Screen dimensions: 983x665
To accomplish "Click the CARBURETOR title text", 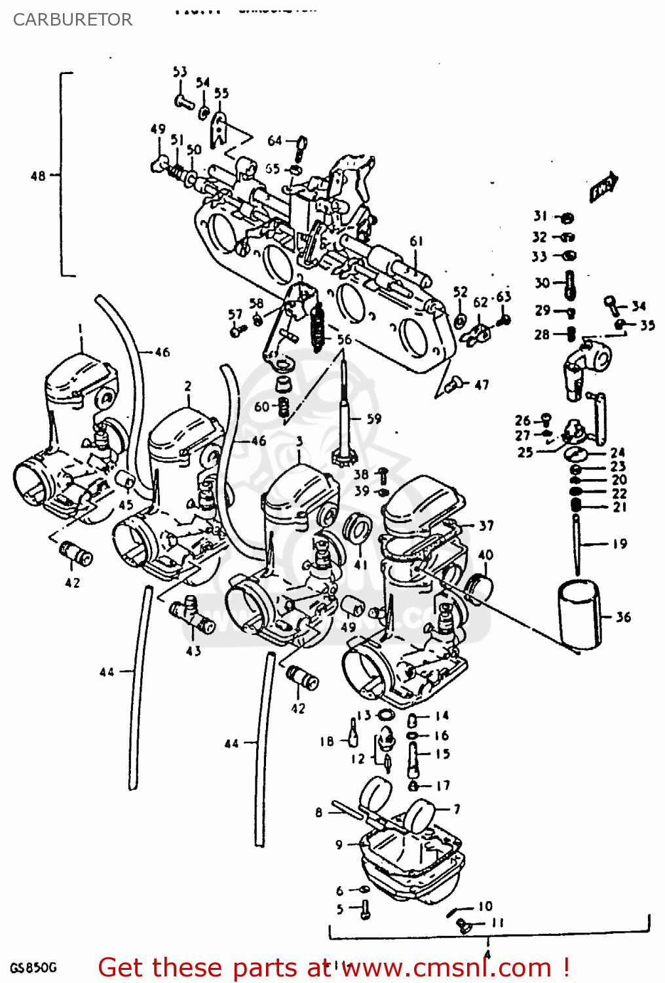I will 72,20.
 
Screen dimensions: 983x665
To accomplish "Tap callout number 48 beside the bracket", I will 38,176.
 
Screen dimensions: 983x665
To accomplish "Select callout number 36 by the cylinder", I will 623,617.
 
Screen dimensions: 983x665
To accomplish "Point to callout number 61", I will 417,241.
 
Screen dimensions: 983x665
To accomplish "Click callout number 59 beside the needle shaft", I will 373,418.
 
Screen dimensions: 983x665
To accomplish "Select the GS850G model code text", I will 33,968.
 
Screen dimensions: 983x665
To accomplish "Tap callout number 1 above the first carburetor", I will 80,328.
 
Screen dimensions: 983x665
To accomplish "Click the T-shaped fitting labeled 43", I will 191,615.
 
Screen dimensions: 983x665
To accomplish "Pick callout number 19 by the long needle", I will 619,543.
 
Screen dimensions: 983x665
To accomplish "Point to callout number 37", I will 485,526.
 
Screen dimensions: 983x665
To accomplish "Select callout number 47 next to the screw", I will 482,385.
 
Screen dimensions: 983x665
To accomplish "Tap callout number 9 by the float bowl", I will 339,845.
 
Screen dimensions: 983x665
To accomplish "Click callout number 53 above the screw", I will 180,71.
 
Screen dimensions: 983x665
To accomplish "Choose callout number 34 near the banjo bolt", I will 638,305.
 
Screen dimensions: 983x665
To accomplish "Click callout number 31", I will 540,216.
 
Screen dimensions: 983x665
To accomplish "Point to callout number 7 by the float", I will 457,809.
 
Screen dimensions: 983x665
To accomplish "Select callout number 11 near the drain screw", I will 498,923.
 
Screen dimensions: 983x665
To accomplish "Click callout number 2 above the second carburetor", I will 188,386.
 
